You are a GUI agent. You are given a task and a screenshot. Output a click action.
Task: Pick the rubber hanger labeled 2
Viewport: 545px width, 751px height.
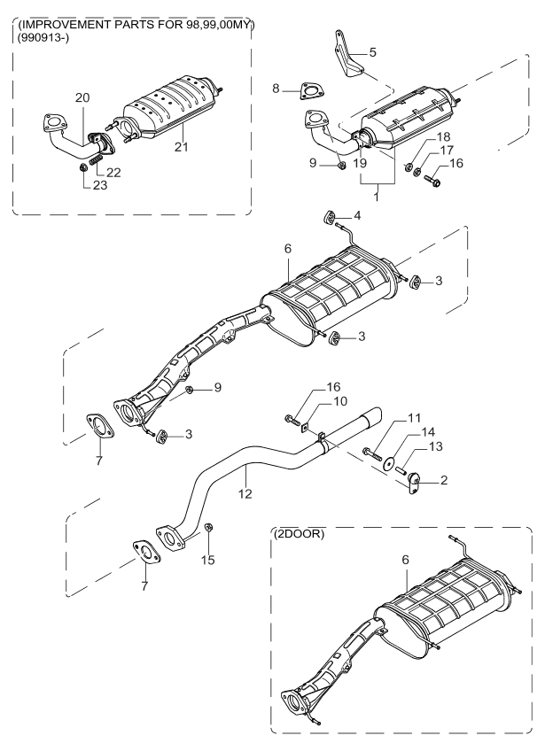coord(415,484)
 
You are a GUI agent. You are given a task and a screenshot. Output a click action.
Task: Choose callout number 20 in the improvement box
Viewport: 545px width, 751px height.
coord(82,97)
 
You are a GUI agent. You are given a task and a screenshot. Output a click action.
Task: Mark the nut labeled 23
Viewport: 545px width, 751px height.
coord(82,166)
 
